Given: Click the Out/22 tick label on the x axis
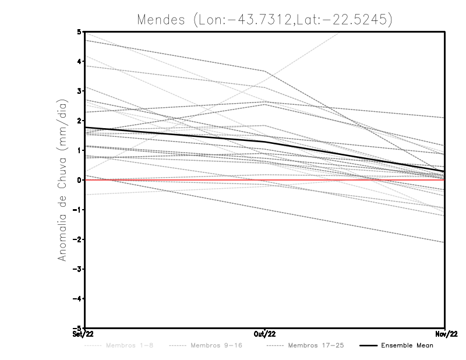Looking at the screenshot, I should pyautogui.click(x=264, y=334).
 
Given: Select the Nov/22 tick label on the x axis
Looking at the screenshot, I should pyautogui.click(x=445, y=334).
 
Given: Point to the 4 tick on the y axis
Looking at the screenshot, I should pyautogui.click(x=79, y=61).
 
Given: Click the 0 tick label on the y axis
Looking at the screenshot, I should pyautogui.click(x=79, y=180).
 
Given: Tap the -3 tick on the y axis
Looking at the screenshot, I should pyautogui.click(x=77, y=269).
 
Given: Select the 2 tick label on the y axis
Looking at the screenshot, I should pyautogui.click(x=79, y=121).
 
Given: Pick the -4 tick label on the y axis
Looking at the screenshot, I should pyautogui.click(x=77, y=299).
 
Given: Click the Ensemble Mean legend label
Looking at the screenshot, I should pyautogui.click(x=407, y=345).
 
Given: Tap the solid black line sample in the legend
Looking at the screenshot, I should pyautogui.click(x=368, y=345).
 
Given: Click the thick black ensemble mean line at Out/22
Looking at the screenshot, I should pyautogui.click(x=264, y=142).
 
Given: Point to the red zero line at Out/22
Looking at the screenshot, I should pyautogui.click(x=264, y=180).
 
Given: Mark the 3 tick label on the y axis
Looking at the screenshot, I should pyautogui.click(x=79, y=91).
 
